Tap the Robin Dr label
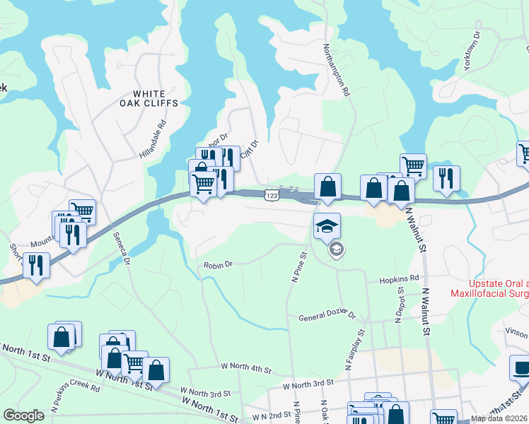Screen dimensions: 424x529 point(218,265)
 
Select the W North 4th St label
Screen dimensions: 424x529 point(246,367)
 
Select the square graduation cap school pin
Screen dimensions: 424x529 point(327,226)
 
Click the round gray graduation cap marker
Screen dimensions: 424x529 point(336,249)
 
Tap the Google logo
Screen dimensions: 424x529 point(23,416)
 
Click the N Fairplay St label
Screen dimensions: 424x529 point(354,350)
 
